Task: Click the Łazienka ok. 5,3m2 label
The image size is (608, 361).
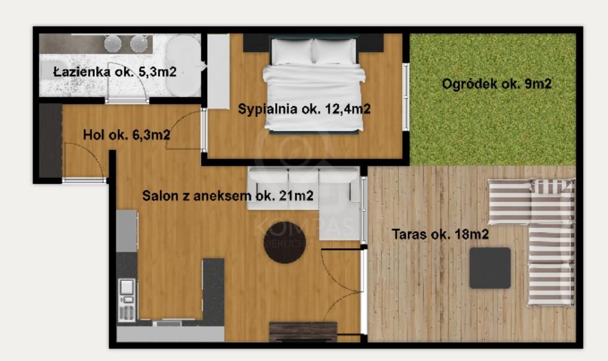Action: coord(115,72)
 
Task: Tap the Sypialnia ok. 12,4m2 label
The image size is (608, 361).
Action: coord(304,109)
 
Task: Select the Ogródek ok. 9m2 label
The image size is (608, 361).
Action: coord(496,84)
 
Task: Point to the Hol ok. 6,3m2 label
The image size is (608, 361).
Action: coord(126,135)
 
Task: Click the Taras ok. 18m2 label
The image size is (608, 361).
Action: coord(440,235)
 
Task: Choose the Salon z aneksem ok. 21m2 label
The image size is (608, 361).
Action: coord(227,195)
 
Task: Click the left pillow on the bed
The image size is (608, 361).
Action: coord(292,51)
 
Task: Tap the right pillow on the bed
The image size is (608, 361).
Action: coord(335,51)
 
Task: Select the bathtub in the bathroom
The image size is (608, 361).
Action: coord(183,66)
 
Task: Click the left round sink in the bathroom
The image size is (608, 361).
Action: coord(113,43)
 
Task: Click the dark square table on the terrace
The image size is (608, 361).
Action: coord(490,268)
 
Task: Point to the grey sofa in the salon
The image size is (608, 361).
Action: coord(304,189)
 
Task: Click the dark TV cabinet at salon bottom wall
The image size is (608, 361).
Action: coord(303,331)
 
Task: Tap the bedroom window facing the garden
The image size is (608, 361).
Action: coord(406,97)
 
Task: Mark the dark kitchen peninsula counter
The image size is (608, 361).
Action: coord(213,289)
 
